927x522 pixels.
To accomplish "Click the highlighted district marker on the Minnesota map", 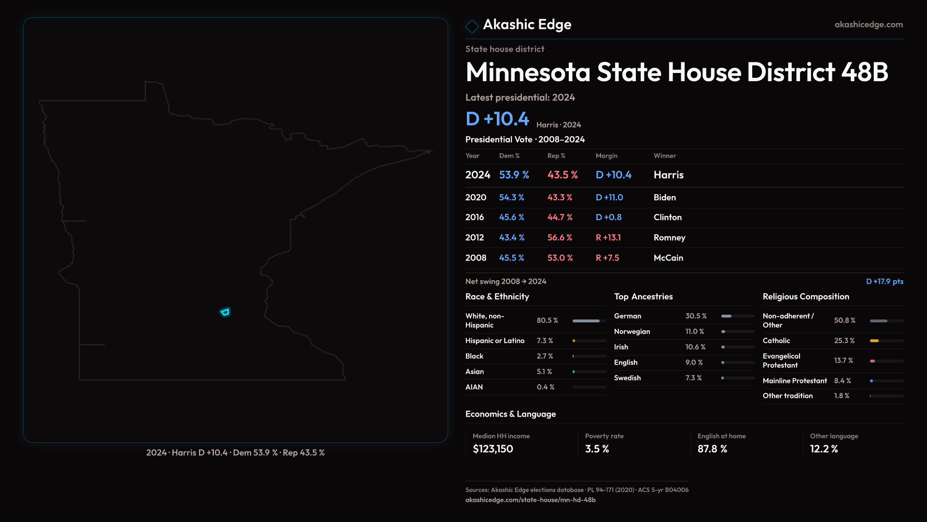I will pos(225,312).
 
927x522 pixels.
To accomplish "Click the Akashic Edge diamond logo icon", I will pos(472,26).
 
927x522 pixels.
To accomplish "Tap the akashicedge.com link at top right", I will pos(869,25).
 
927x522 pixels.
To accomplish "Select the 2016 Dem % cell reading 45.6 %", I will pos(511,217).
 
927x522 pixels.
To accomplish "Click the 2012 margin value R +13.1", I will pos(608,238).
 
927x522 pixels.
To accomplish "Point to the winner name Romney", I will pos(669,238).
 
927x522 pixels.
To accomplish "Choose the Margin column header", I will pos(606,156).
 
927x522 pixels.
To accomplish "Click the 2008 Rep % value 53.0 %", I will pos(560,258).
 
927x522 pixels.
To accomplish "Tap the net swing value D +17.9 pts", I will pos(885,281).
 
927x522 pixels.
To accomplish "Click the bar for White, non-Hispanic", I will pos(586,321).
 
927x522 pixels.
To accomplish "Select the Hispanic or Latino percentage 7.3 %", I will pos(545,341).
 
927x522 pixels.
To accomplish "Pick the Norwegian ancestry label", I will pos(632,332).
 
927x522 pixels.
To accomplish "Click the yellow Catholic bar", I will pos(874,341).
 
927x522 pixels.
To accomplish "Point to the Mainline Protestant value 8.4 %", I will pos(843,381).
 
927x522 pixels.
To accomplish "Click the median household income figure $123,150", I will pos(492,449).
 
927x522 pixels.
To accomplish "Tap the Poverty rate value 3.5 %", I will pos(597,449).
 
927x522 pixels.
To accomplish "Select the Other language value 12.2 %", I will pos(824,449).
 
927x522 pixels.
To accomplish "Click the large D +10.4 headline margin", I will pos(497,119).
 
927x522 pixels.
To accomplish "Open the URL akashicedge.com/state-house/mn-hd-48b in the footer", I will pos(530,500).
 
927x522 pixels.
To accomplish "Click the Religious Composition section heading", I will pos(806,297).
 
